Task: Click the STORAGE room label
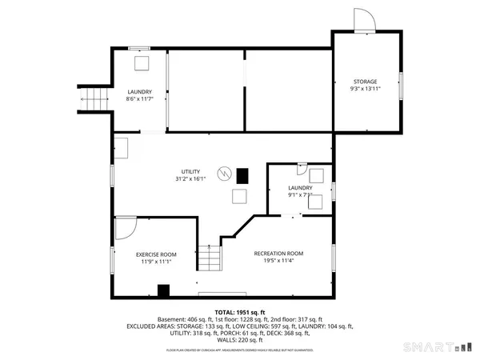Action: pyautogui.click(x=366, y=82)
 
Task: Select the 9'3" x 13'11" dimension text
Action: pyautogui.click(x=366, y=90)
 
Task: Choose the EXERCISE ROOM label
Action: pyautogui.click(x=156, y=254)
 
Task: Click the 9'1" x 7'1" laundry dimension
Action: pyautogui.click(x=301, y=195)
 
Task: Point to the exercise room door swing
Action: pyautogui.click(x=124, y=230)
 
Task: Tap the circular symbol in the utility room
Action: pyautogui.click(x=226, y=172)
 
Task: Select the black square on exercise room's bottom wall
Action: pyautogui.click(x=163, y=290)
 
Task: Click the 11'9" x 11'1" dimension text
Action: pyautogui.click(x=156, y=262)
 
